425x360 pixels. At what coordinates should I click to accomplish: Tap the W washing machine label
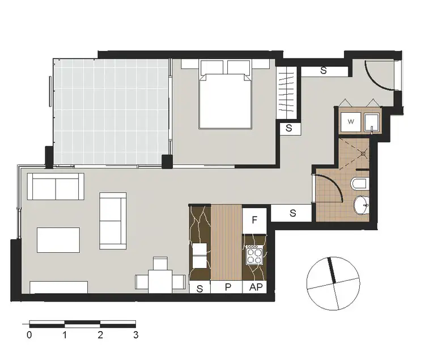351,121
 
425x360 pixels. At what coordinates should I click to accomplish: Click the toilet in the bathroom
359,184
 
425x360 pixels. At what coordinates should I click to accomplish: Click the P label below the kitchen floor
228,287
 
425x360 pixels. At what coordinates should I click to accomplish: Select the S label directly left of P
199,287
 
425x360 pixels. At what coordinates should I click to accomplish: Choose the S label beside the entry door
324,71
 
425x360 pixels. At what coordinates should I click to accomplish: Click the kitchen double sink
199,255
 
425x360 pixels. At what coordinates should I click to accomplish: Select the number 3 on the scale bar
135,335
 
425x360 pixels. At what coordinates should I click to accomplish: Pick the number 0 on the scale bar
29,335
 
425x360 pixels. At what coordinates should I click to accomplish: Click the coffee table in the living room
58,239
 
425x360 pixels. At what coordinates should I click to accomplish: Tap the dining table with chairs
160,278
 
